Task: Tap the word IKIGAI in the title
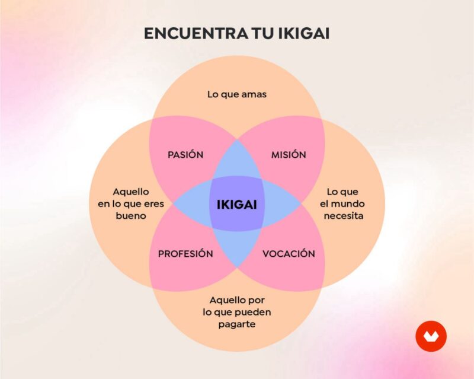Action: click(303, 33)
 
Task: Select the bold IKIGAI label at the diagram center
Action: click(236, 205)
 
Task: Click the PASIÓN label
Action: click(185, 154)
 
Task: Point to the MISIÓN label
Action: click(289, 154)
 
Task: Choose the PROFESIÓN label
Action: click(185, 253)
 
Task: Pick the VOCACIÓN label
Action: click(289, 253)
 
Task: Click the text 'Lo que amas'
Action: click(237, 94)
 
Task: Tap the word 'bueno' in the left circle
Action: click(131, 216)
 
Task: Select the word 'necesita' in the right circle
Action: click(344, 216)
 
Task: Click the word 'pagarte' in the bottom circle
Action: click(237, 324)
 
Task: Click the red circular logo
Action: click(431, 336)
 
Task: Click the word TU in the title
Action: click(262, 33)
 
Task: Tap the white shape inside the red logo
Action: click(431, 337)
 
